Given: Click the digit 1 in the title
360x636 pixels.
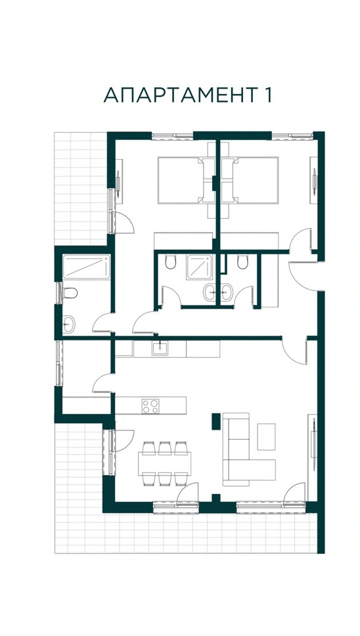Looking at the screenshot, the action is pyautogui.click(x=266, y=95).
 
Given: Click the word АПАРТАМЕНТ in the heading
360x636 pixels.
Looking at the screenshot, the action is pyautogui.click(x=179, y=95).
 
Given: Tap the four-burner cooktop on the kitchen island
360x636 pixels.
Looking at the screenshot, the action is pyautogui.click(x=150, y=406).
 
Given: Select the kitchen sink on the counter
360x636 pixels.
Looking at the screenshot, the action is pyautogui.click(x=160, y=348).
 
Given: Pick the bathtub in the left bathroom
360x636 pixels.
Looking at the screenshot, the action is pyautogui.click(x=87, y=267).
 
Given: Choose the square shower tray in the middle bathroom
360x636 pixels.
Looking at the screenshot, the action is pyautogui.click(x=199, y=267).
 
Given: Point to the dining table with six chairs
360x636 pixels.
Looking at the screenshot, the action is pyautogui.click(x=164, y=463).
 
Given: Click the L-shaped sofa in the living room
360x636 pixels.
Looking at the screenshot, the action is pyautogui.click(x=244, y=449).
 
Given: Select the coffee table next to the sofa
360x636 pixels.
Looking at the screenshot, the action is pyautogui.click(x=266, y=436).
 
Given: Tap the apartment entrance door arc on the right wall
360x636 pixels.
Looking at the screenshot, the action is pyautogui.click(x=303, y=276).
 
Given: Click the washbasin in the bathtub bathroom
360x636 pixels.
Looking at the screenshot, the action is pyautogui.click(x=69, y=324).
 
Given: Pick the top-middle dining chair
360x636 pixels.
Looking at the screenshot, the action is pyautogui.click(x=165, y=448).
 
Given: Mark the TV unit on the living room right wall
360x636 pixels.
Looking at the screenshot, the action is pyautogui.click(x=313, y=457).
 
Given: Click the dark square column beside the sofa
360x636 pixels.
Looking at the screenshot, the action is pyautogui.click(x=216, y=421).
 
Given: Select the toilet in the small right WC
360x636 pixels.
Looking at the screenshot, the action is pyautogui.click(x=242, y=261).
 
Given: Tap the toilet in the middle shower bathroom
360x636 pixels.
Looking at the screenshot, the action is pyautogui.click(x=171, y=261).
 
